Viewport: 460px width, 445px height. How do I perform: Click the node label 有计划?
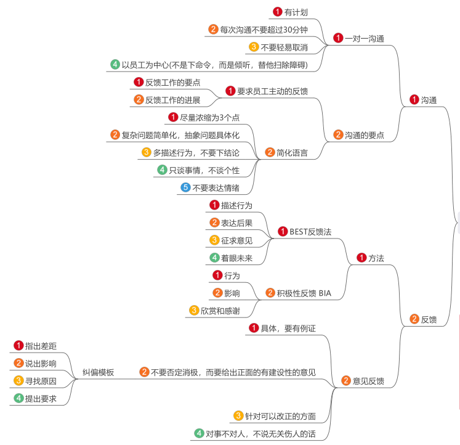coord(296,12)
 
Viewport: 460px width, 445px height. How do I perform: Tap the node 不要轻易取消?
coord(284,47)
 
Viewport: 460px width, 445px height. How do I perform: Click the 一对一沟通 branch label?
coord(364,38)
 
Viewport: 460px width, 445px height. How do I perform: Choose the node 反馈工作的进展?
coord(172,99)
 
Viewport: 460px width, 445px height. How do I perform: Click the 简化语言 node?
coord(293,152)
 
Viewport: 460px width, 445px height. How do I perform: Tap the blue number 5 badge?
coord(185,187)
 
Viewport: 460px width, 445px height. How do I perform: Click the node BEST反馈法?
coord(310,232)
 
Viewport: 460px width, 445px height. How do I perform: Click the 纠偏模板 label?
coord(98,372)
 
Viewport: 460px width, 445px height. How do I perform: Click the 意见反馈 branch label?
coord(368,382)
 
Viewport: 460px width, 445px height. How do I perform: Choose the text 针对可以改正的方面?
coord(280,416)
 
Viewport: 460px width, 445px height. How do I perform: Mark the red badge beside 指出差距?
coord(18,346)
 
